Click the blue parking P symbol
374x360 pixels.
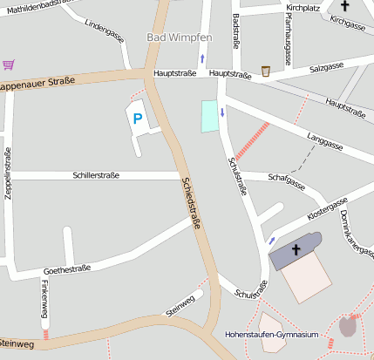click(x=136, y=118)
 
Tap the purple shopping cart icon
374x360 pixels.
click(x=9, y=65)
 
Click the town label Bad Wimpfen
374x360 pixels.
click(x=180, y=38)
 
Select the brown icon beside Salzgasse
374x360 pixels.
click(x=266, y=71)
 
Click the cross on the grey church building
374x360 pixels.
click(x=296, y=251)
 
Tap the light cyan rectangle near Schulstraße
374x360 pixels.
click(x=209, y=116)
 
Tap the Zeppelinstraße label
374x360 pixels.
click(x=8, y=174)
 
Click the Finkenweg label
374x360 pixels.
click(x=44, y=299)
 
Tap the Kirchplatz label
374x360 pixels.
click(x=303, y=7)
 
